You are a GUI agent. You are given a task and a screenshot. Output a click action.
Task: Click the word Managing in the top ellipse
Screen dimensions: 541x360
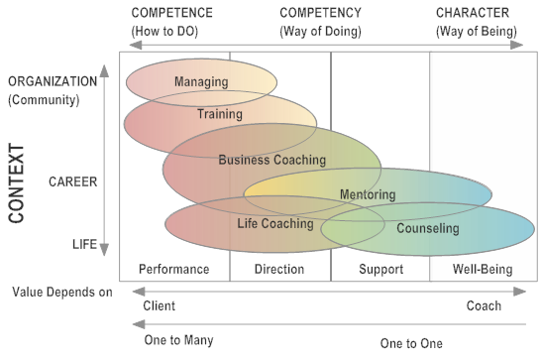[201, 81]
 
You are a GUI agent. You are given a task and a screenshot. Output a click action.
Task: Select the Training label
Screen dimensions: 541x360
[220, 114]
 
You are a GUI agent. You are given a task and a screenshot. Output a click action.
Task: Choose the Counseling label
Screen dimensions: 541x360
[427, 229]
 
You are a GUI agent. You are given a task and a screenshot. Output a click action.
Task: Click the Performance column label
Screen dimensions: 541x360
[174, 269]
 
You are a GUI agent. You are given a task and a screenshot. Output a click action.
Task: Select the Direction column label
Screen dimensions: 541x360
[279, 269]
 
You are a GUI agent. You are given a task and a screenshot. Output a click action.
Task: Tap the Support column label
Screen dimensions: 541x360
[380, 269]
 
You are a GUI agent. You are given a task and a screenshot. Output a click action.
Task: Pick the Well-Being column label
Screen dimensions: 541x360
[480, 269]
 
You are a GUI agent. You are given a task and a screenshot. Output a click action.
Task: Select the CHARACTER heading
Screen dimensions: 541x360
[473, 13]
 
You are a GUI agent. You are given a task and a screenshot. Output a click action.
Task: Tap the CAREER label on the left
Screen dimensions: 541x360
[71, 181]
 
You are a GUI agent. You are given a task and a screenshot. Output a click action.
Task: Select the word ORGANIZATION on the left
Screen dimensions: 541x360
[53, 80]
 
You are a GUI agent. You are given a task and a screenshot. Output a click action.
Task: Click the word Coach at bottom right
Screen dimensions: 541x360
[484, 305]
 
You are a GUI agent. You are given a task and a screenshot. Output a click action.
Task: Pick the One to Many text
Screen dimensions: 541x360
[178, 340]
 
